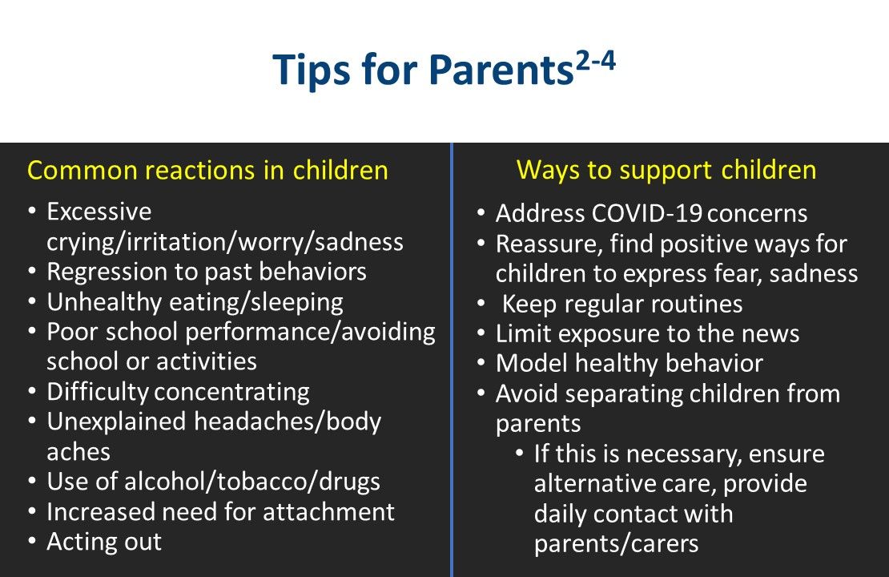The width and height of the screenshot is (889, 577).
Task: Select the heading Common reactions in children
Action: click(x=207, y=171)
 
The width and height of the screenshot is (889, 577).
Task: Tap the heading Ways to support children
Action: click(x=666, y=170)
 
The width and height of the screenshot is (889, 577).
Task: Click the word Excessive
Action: click(x=99, y=212)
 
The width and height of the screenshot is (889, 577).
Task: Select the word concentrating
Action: click(x=231, y=392)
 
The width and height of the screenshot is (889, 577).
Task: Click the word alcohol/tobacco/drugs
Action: click(x=251, y=482)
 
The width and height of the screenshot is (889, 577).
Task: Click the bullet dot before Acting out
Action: click(x=31, y=542)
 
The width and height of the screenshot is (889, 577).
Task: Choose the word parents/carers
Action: click(x=616, y=544)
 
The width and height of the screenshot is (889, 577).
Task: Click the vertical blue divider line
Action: click(x=452, y=361)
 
